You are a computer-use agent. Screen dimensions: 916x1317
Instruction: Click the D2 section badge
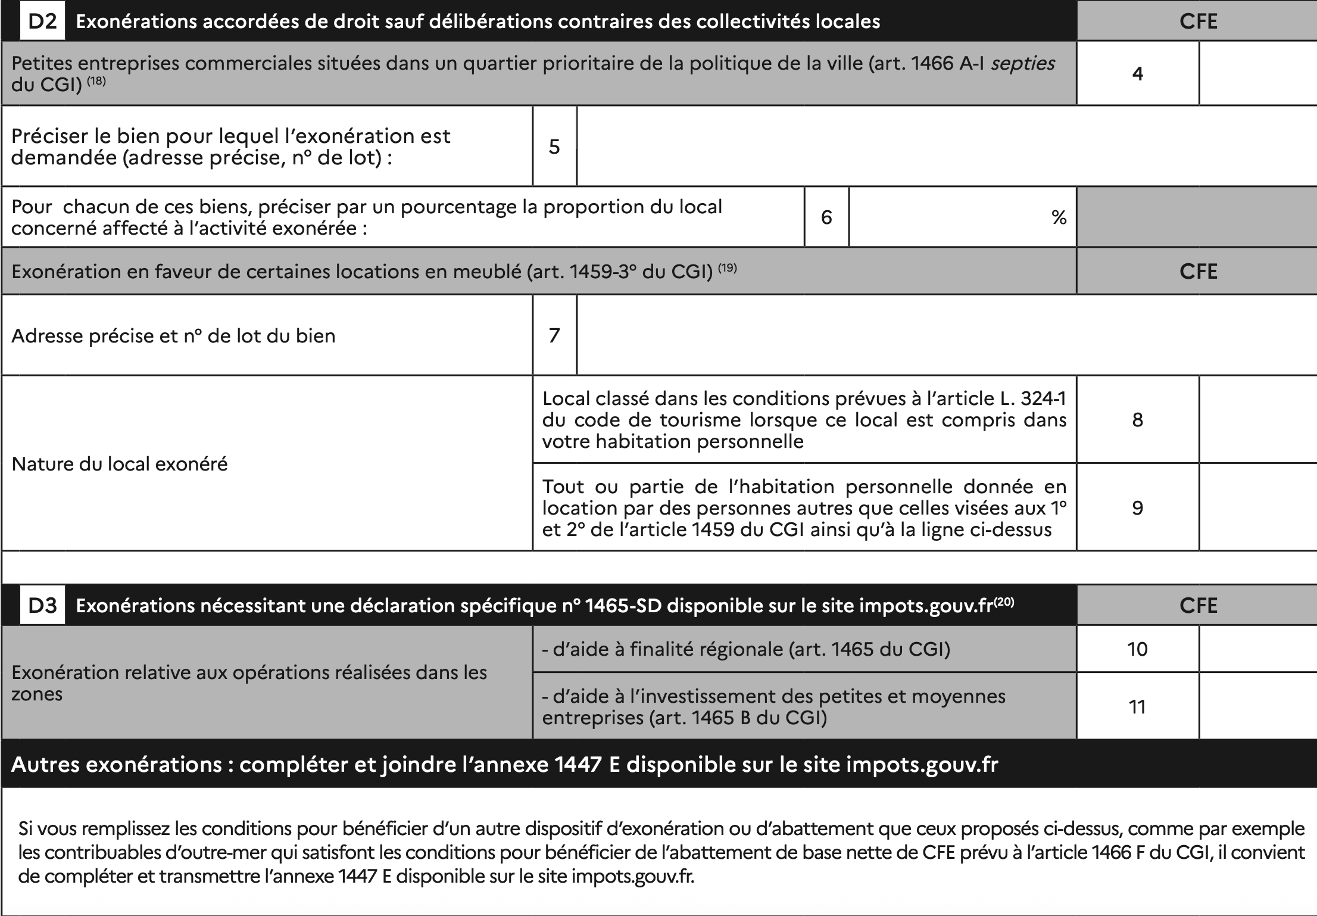click(x=42, y=21)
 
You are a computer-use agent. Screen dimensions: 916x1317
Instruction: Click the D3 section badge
click(x=42, y=605)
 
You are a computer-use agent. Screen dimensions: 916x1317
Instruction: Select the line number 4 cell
click(x=1137, y=74)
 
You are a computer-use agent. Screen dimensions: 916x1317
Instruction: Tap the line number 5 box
click(x=554, y=147)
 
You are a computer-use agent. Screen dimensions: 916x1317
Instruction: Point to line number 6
click(x=826, y=217)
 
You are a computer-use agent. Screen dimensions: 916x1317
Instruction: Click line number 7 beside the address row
click(x=554, y=335)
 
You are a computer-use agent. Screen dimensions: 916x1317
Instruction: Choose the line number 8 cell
click(x=1137, y=420)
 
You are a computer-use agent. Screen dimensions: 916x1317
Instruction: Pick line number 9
click(x=1137, y=508)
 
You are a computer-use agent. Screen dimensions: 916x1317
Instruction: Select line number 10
click(x=1137, y=649)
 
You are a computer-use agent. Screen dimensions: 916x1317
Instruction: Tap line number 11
click(x=1137, y=707)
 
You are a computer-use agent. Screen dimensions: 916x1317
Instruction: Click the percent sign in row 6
click(x=1059, y=218)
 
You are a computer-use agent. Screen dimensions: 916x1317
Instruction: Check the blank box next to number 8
click(x=1257, y=420)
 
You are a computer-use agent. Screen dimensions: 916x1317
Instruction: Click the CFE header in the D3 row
click(x=1198, y=605)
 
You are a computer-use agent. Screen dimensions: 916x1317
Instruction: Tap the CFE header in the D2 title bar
click(x=1198, y=21)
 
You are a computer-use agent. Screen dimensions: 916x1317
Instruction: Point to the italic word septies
click(x=1022, y=63)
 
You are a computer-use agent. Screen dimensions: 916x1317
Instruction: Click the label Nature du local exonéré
click(x=120, y=464)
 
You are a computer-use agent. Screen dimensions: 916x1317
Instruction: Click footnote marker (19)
click(x=727, y=268)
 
